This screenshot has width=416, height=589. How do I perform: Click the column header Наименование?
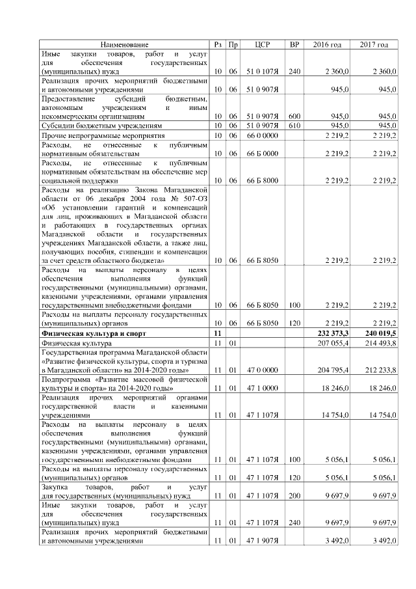[125, 45]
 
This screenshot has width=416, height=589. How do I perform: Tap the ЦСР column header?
[263, 45]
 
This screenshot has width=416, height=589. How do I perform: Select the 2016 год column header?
[327, 45]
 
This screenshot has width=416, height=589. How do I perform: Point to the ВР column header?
[294, 45]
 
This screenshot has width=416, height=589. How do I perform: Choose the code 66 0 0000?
[263, 135]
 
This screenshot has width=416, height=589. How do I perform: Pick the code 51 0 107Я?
[263, 70]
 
